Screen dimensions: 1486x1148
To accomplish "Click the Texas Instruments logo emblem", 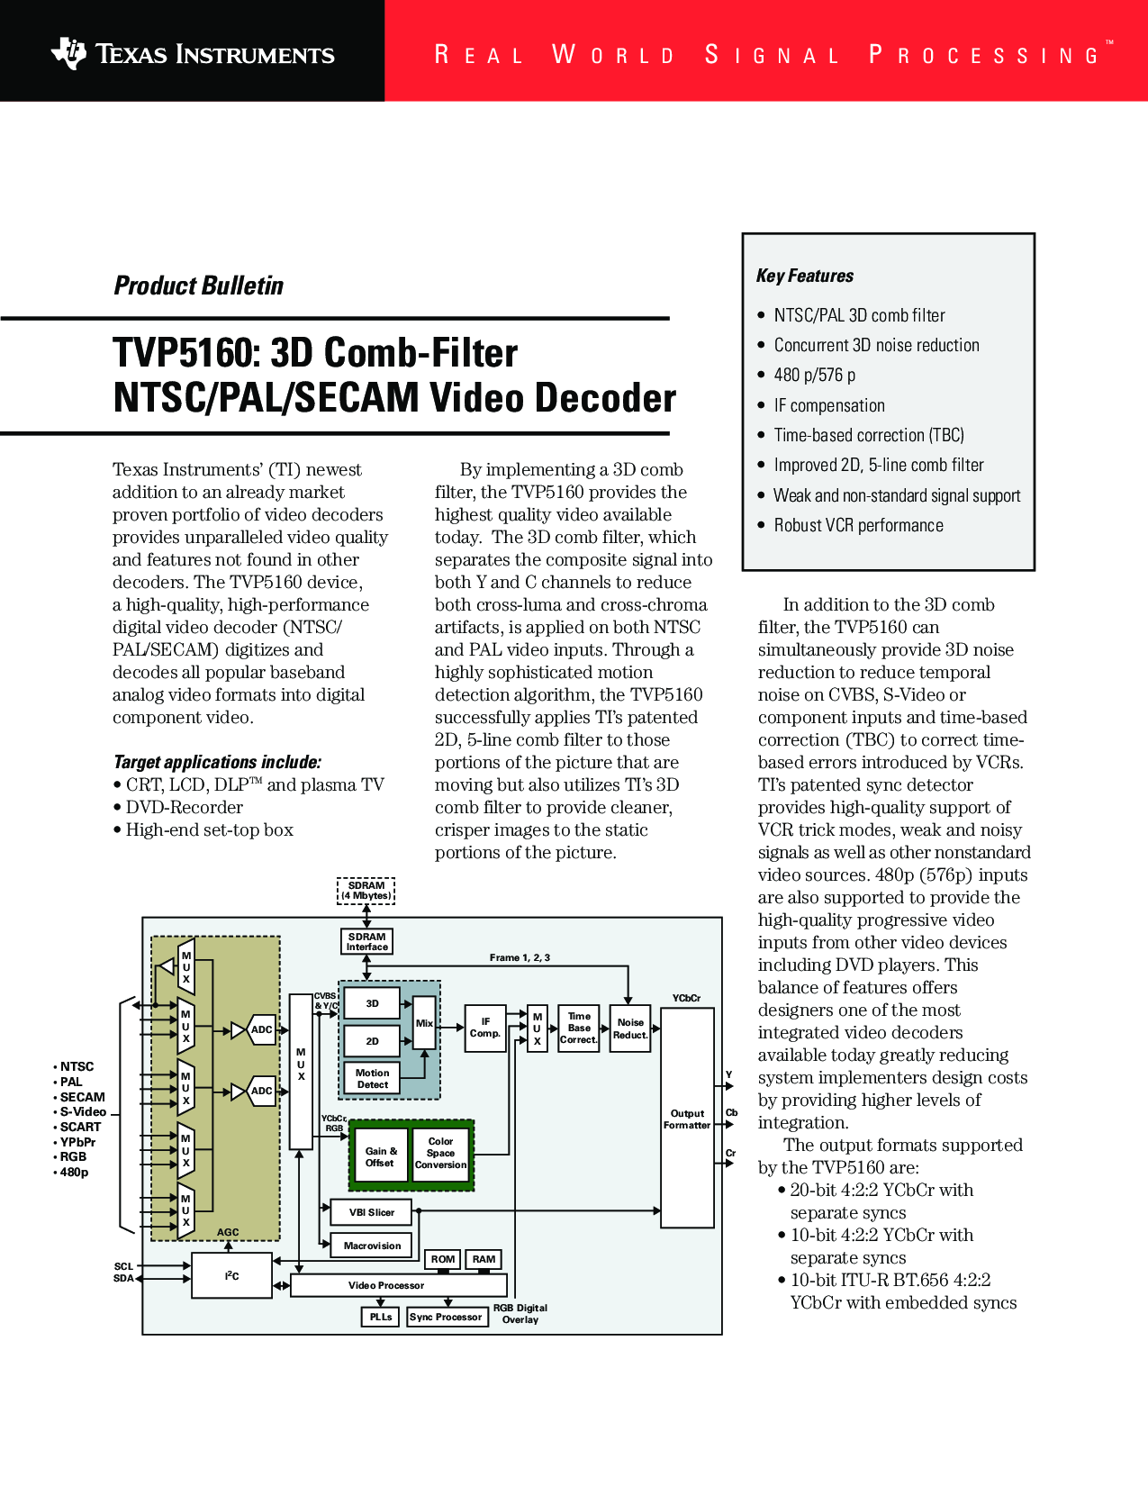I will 68,53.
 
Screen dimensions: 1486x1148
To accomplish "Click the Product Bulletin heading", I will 198,285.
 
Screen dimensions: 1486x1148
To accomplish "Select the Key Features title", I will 805,276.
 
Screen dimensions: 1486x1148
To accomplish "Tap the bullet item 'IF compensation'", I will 829,405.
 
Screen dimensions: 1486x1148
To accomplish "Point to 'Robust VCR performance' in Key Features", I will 858,525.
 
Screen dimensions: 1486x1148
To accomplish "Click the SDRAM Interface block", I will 366,941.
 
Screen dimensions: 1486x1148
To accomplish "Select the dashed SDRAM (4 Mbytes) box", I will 366,891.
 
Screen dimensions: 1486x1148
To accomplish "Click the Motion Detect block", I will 372,1079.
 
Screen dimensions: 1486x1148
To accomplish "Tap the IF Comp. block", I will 485,1028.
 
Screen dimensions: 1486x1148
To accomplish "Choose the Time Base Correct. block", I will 579,1028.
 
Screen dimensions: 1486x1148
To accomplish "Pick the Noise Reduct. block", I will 630,1028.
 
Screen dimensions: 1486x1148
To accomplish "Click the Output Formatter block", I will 687,1119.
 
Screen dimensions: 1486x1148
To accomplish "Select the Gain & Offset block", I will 380,1156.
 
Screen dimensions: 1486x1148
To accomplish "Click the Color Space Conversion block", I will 441,1154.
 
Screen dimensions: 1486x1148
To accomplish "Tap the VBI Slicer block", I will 372,1212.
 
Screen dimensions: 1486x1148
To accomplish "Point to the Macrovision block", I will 372,1246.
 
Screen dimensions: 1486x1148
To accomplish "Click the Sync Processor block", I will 446,1317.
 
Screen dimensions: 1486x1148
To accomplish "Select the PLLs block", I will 381,1317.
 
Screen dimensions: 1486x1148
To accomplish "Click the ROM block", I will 442,1259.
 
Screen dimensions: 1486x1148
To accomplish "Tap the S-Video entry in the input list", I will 83,1112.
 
